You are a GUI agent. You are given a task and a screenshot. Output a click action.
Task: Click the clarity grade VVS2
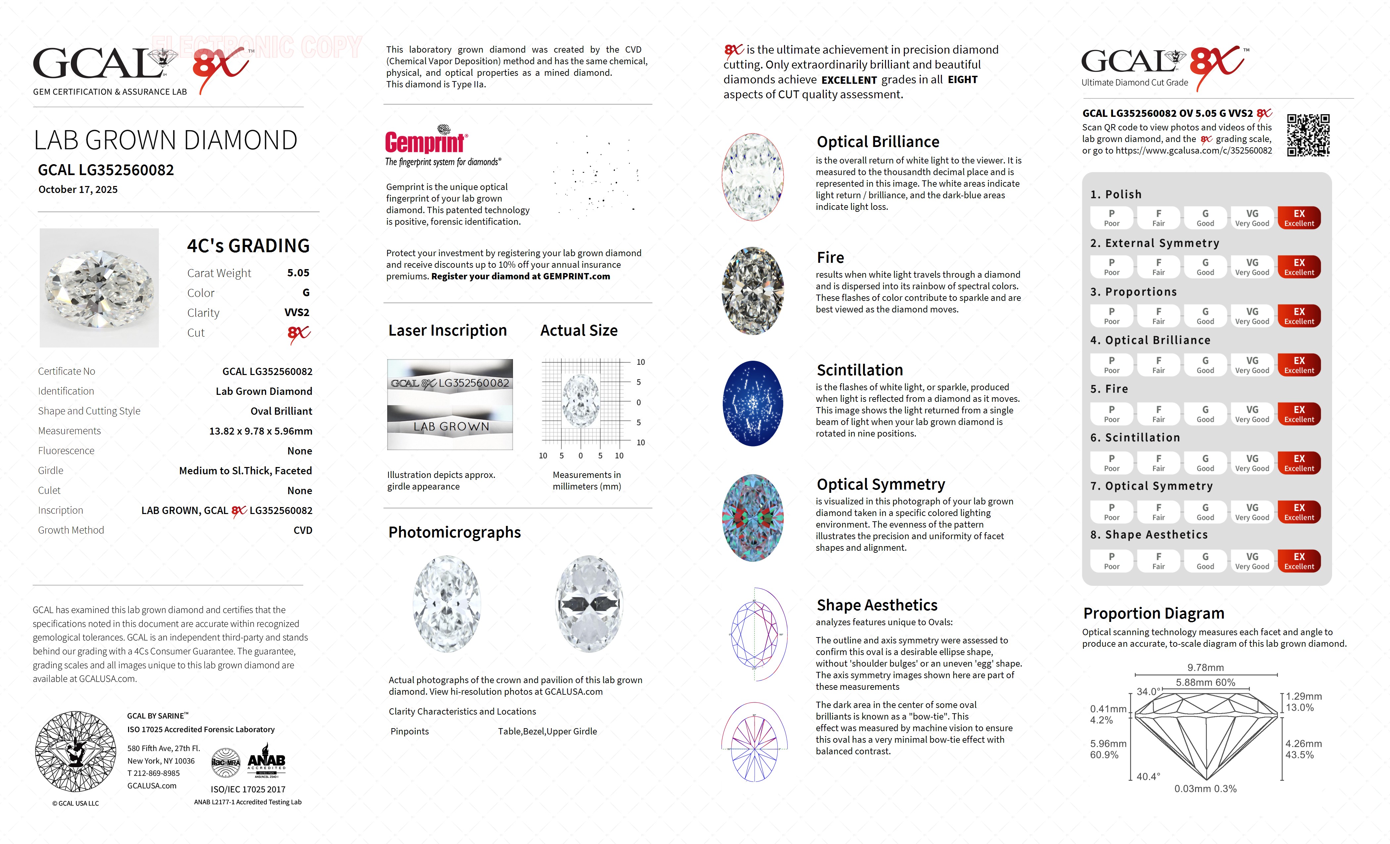(x=297, y=312)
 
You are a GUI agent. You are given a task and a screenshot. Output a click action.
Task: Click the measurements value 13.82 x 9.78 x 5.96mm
(x=261, y=431)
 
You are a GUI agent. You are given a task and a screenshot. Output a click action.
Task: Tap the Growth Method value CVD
(x=302, y=530)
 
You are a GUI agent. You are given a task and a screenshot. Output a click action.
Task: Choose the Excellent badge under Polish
(x=1299, y=218)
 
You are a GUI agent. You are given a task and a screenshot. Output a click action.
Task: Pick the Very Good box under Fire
(x=1252, y=413)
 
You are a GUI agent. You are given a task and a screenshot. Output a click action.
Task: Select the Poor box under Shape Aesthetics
(x=1111, y=561)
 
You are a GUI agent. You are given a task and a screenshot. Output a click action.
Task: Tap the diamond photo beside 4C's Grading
(x=99, y=288)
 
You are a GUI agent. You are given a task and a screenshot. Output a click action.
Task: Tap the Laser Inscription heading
(x=447, y=331)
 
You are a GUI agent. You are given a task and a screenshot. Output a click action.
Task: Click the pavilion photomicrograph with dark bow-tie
(x=589, y=604)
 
